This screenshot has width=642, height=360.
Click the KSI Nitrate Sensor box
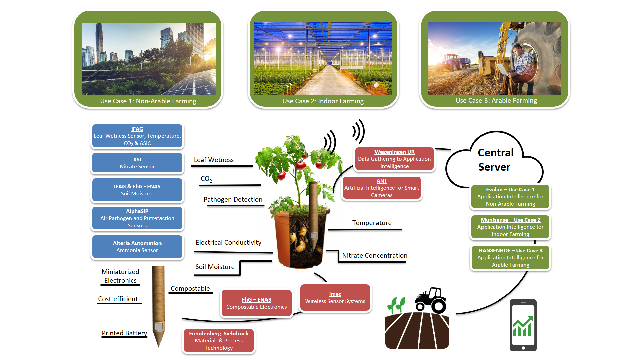[x=137, y=163]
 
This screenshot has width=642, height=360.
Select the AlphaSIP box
[x=137, y=218]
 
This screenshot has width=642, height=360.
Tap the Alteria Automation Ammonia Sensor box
[x=137, y=247]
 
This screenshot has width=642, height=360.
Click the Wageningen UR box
[x=394, y=159]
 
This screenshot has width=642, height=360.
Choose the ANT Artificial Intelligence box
[x=382, y=188]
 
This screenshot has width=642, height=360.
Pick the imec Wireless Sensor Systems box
[x=335, y=297]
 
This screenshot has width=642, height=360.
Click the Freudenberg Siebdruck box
[x=219, y=341]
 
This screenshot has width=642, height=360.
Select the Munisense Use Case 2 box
[x=510, y=227]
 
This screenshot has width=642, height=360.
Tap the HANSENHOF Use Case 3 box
[x=510, y=258]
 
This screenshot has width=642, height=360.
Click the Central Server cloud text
[x=495, y=160]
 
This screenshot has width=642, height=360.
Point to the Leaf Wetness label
[x=214, y=160]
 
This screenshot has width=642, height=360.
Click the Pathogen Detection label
[x=233, y=200]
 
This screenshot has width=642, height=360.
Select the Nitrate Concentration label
[x=374, y=256]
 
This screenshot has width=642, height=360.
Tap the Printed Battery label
[x=124, y=333]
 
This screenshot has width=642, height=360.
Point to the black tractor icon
[x=431, y=300]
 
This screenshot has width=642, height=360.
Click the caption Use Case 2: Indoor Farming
[x=323, y=101]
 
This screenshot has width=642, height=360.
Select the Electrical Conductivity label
[x=228, y=243]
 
